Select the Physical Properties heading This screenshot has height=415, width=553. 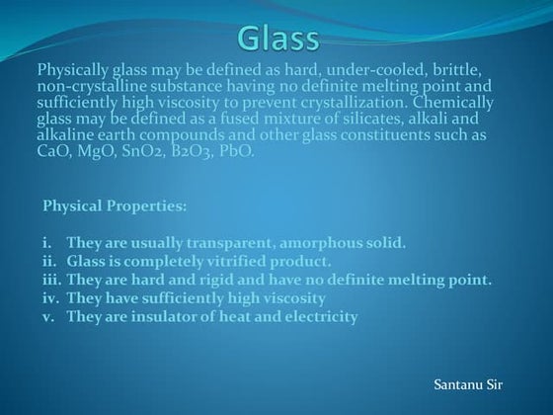[x=114, y=208]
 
